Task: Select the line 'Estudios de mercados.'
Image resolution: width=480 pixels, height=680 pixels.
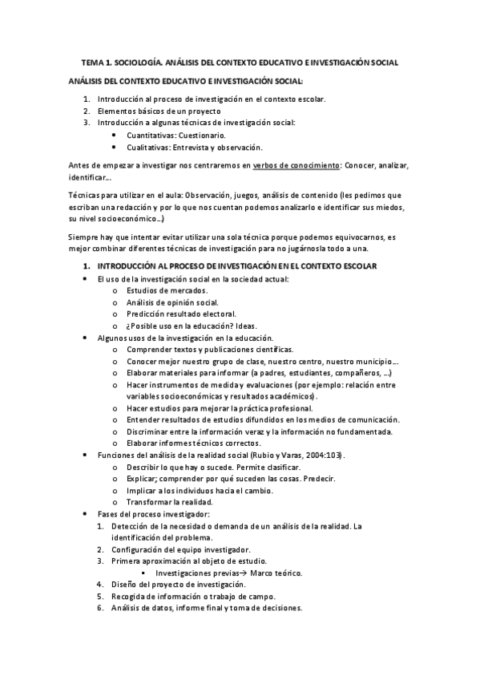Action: coord(167,290)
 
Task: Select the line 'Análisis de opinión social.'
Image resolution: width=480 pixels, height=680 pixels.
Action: coord(172,302)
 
